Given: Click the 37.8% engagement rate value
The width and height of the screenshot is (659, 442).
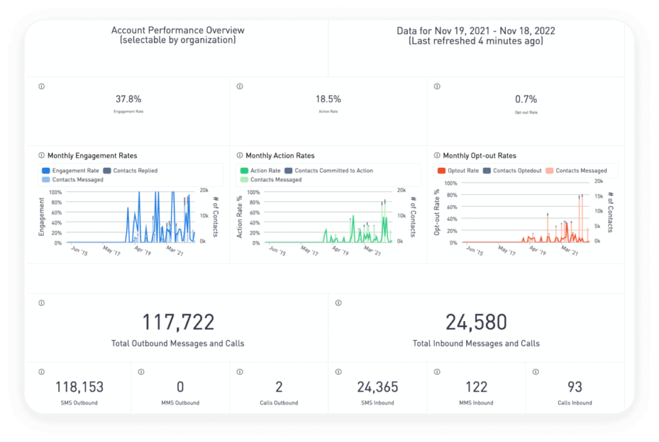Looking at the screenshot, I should click(x=128, y=100).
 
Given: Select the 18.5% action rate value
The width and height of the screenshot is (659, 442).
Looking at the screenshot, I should click(x=328, y=100).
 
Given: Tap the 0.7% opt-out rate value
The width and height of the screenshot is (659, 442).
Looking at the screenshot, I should click(x=526, y=100).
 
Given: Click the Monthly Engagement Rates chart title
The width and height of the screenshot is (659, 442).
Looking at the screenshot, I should click(x=92, y=155).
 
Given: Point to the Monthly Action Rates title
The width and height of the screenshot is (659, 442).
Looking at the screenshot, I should click(x=280, y=155).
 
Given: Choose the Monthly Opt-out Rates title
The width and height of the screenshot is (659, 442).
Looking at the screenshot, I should click(x=479, y=155).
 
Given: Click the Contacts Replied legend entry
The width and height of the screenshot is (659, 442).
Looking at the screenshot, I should click(x=135, y=171).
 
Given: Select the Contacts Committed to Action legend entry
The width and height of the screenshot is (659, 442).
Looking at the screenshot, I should click(x=333, y=171).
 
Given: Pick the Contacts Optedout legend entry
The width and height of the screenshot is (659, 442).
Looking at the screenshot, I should click(x=517, y=171).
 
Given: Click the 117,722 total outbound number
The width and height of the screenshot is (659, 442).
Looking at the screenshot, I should click(x=178, y=322).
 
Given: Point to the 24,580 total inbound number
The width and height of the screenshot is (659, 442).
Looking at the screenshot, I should click(x=476, y=322).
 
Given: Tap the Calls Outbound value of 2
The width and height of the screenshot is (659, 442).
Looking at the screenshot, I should click(x=279, y=387).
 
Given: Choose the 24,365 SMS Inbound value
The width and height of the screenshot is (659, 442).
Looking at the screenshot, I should click(x=378, y=387).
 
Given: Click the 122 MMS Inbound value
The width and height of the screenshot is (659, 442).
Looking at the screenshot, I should click(x=476, y=387).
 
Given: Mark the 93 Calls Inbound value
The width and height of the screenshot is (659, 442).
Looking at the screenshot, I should click(x=575, y=387).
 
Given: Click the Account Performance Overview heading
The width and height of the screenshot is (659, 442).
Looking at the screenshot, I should click(x=178, y=30).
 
